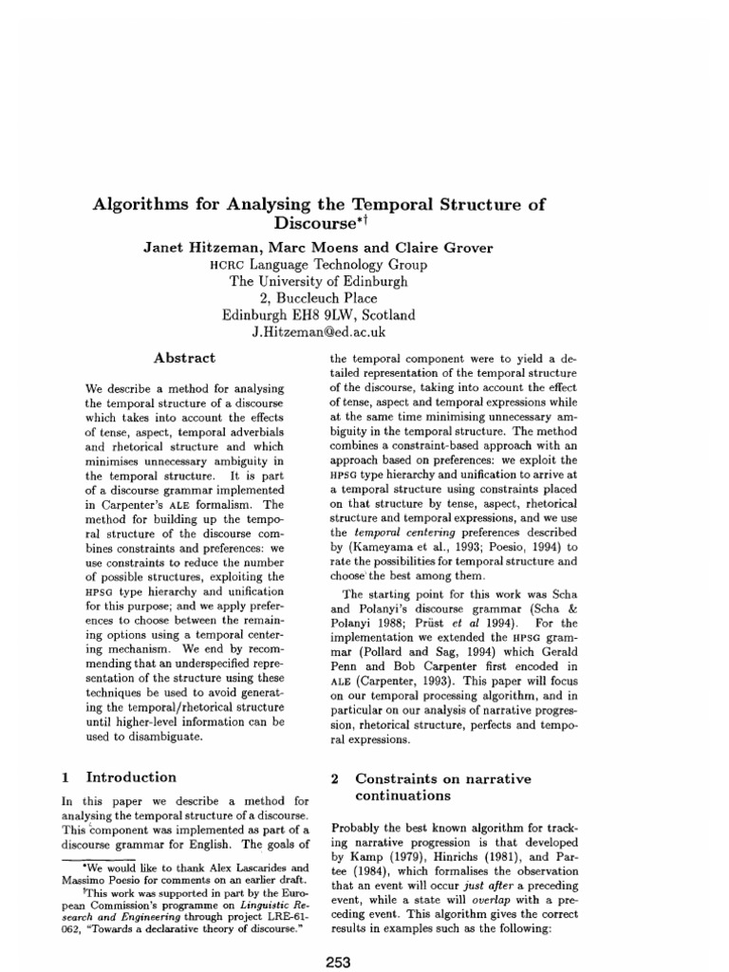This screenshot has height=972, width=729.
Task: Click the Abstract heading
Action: pyautogui.click(x=185, y=358)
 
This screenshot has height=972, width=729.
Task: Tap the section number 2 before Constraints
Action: pyautogui.click(x=334, y=778)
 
